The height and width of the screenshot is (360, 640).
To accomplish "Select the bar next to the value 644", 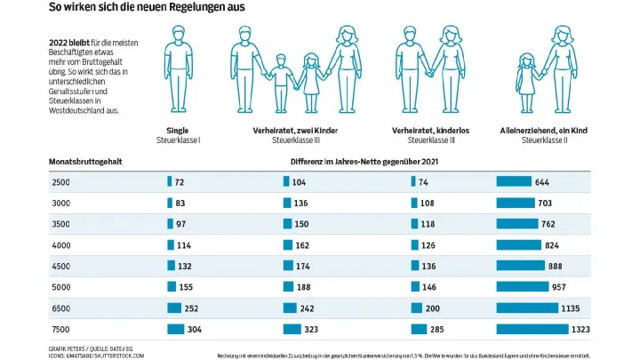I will [514, 182].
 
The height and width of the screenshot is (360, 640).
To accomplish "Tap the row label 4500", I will [60, 265].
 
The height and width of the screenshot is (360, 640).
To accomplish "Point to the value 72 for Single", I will [180, 182].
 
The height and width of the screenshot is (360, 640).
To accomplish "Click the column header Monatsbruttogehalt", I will [85, 161].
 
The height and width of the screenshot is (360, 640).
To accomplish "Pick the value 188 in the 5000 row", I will [303, 287].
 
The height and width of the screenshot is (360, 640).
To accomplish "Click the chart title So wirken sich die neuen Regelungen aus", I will [148, 8].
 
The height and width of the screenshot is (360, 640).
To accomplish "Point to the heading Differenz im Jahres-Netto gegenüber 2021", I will [364, 161].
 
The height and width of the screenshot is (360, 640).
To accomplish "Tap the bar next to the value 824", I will [518, 244].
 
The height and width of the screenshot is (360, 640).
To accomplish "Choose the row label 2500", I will [60, 182].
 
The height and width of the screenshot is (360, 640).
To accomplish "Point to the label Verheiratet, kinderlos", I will [431, 130].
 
